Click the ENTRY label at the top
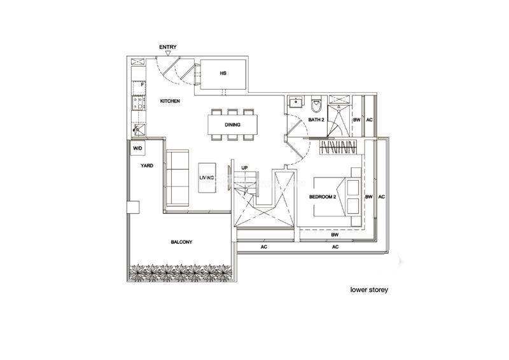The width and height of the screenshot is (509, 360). [x=168, y=47]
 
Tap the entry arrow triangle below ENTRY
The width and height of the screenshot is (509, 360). [x=168, y=53]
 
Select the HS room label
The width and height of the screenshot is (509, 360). [x=223, y=73]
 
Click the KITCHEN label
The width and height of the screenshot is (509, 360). [x=170, y=101]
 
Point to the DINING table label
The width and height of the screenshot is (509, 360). [x=232, y=125]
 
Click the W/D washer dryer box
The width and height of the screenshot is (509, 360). [x=137, y=148]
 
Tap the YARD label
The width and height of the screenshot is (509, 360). [x=147, y=165]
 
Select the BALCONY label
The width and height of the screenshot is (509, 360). [x=181, y=242]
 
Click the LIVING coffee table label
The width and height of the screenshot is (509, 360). [x=207, y=177]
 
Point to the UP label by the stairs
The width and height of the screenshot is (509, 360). [x=244, y=168]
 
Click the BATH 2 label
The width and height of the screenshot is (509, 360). [x=316, y=120]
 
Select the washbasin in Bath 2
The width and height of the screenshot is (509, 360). [x=296, y=102]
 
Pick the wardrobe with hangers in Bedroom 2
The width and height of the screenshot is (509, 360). [x=338, y=147]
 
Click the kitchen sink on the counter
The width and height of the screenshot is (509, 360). [x=139, y=130]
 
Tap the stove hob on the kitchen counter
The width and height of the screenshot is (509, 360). [x=139, y=103]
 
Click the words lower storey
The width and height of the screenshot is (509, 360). [x=369, y=289]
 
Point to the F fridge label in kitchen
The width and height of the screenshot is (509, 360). [x=142, y=85]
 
